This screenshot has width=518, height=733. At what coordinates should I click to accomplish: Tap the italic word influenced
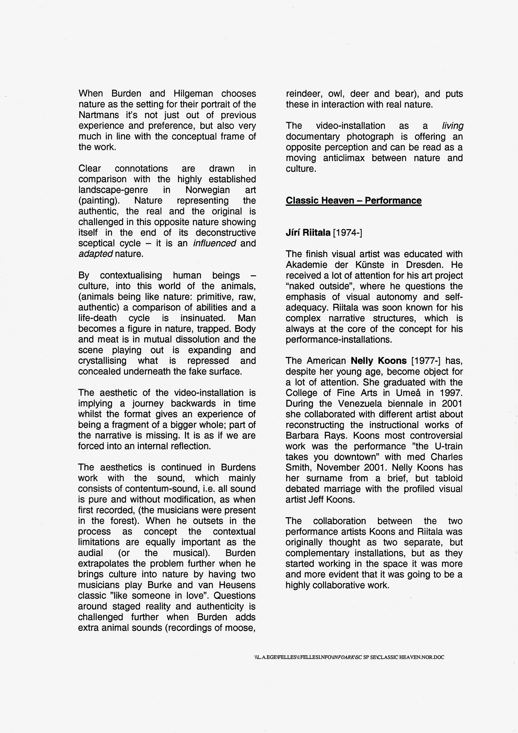(x=215, y=243)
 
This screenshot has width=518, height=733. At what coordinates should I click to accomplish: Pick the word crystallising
(x=102, y=361)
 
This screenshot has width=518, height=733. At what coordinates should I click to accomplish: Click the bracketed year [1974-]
(x=347, y=232)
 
